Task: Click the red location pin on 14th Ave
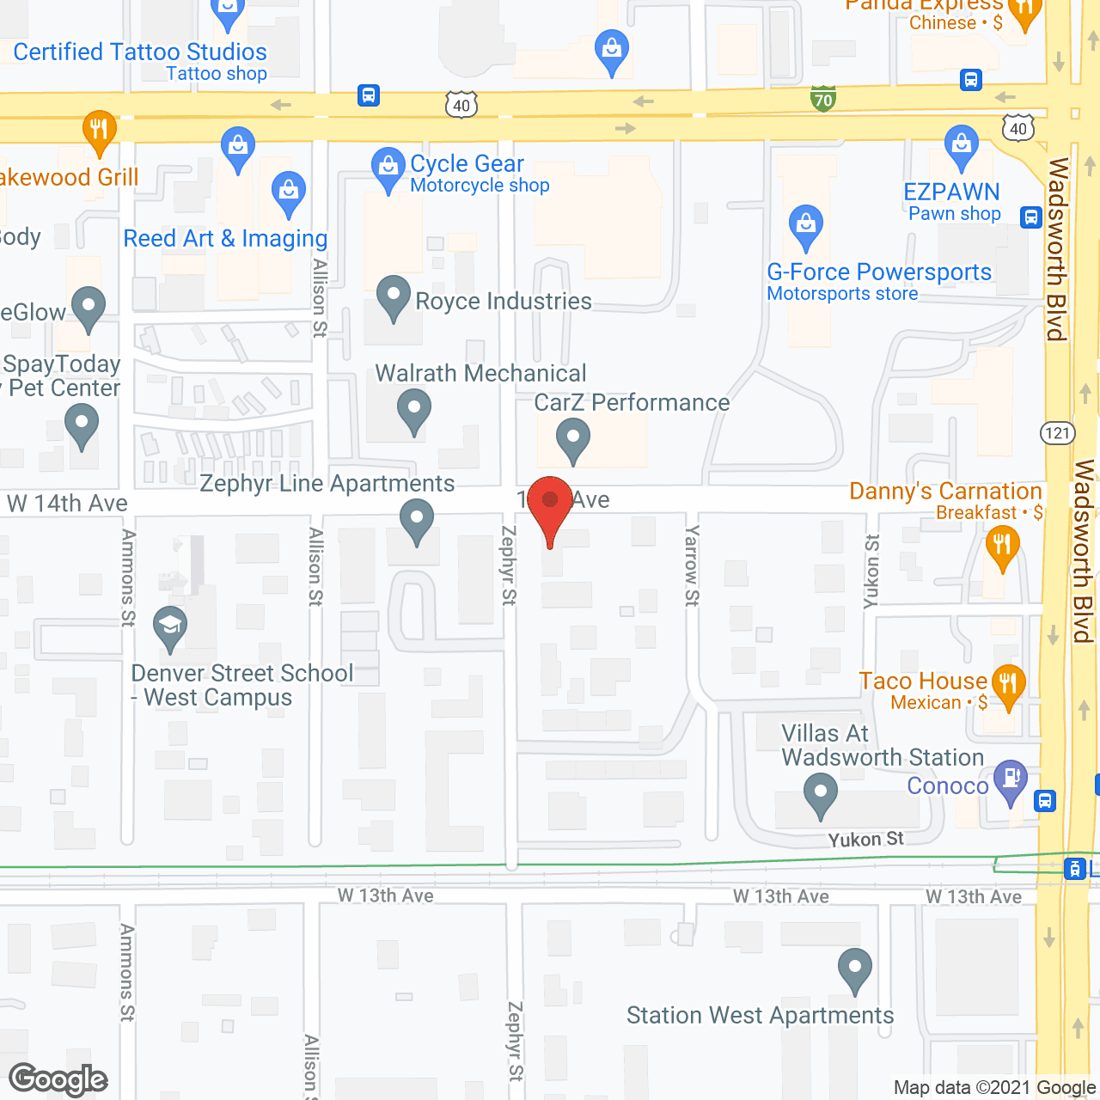click(x=550, y=503)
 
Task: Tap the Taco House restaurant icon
click(x=1008, y=685)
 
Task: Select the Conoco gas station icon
click(x=1011, y=779)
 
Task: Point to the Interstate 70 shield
click(x=823, y=98)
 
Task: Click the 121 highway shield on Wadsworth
click(x=1058, y=432)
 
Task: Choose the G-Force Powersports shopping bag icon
click(x=806, y=226)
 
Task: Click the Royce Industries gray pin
click(x=394, y=296)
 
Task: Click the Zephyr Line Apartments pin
click(x=417, y=521)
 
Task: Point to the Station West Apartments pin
click(x=855, y=969)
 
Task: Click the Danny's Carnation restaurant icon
click(x=1002, y=546)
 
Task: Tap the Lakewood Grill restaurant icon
click(x=100, y=131)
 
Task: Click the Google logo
click(x=58, y=1079)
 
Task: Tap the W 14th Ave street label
click(x=68, y=504)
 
